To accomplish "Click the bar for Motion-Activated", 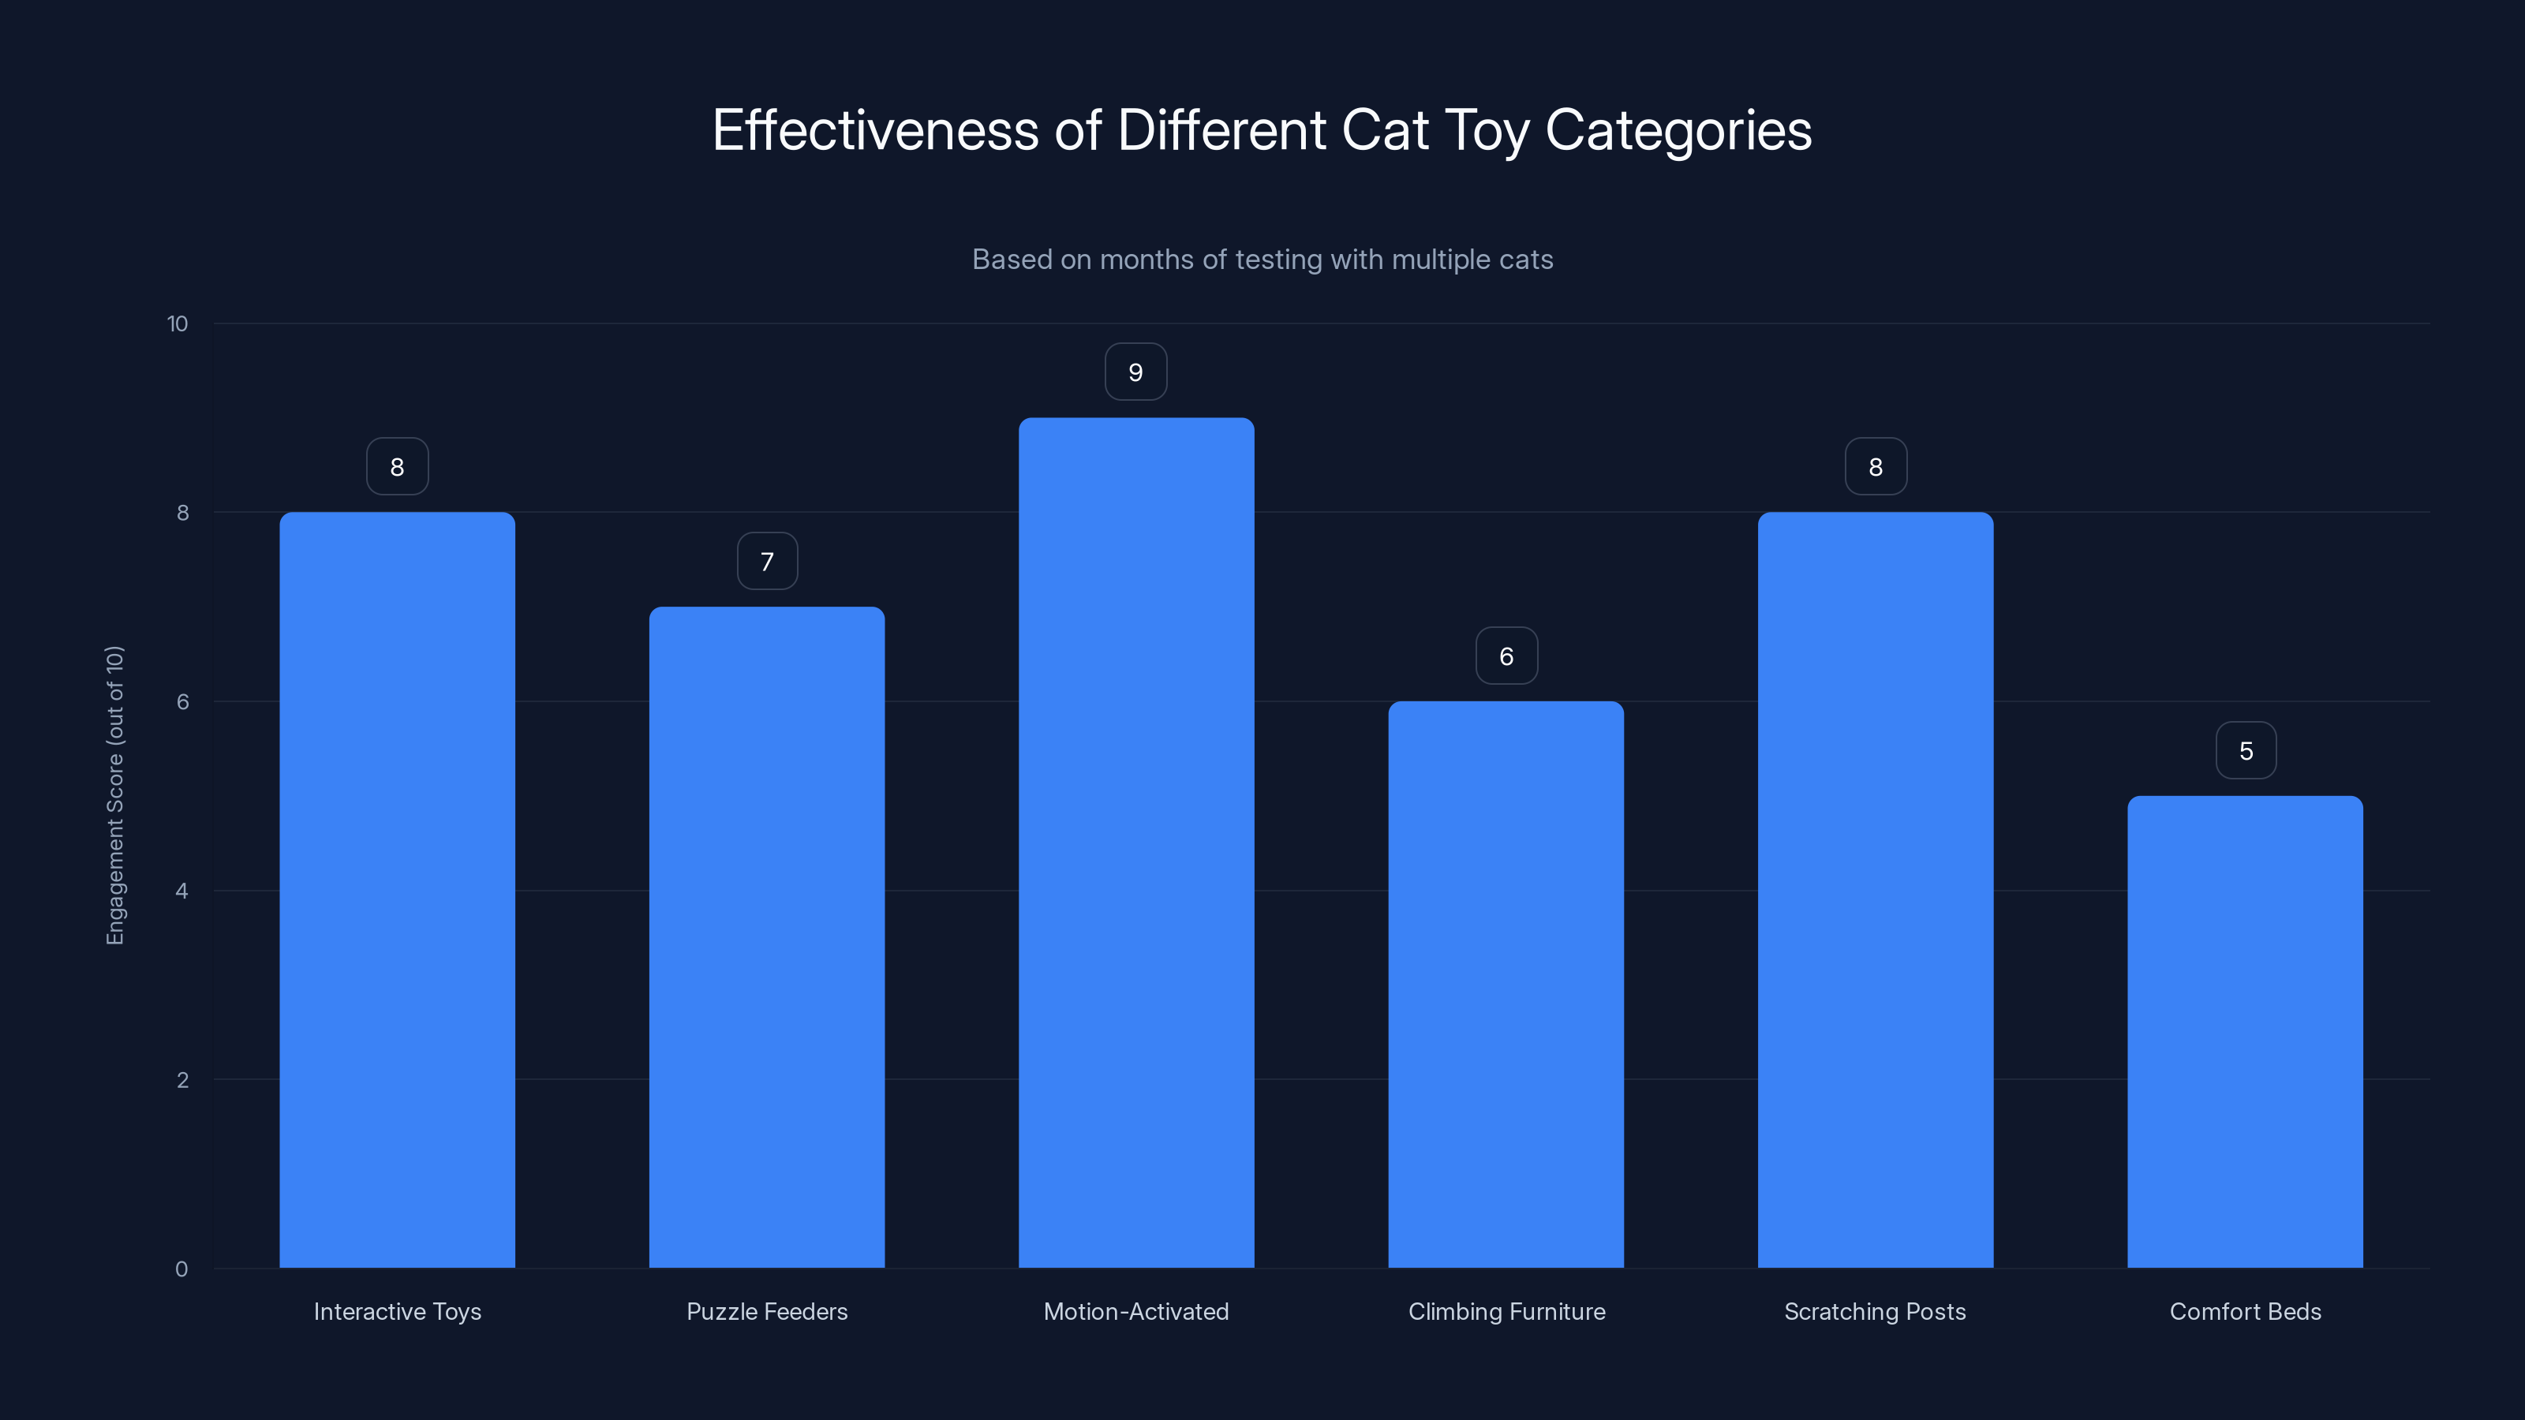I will click(1136, 843).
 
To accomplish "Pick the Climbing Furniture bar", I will click(1506, 984).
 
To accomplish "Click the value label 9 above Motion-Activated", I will click(1136, 372).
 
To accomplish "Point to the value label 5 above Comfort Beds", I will click(2246, 751).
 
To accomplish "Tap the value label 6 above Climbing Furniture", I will click(1506, 656).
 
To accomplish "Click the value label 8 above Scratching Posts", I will click(1875, 468).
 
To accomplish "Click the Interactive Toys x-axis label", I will click(397, 1311).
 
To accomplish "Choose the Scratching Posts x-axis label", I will click(1874, 1311).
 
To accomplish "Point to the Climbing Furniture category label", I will click(1506, 1311).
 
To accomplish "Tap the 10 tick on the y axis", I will click(178, 323).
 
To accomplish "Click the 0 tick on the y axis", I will click(181, 1269).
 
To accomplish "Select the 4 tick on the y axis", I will click(181, 891).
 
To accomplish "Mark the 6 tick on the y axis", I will click(182, 701).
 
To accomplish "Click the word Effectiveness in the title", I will click(874, 130).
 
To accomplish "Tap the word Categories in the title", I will click(1678, 130).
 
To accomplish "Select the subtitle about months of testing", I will click(1262, 260).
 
